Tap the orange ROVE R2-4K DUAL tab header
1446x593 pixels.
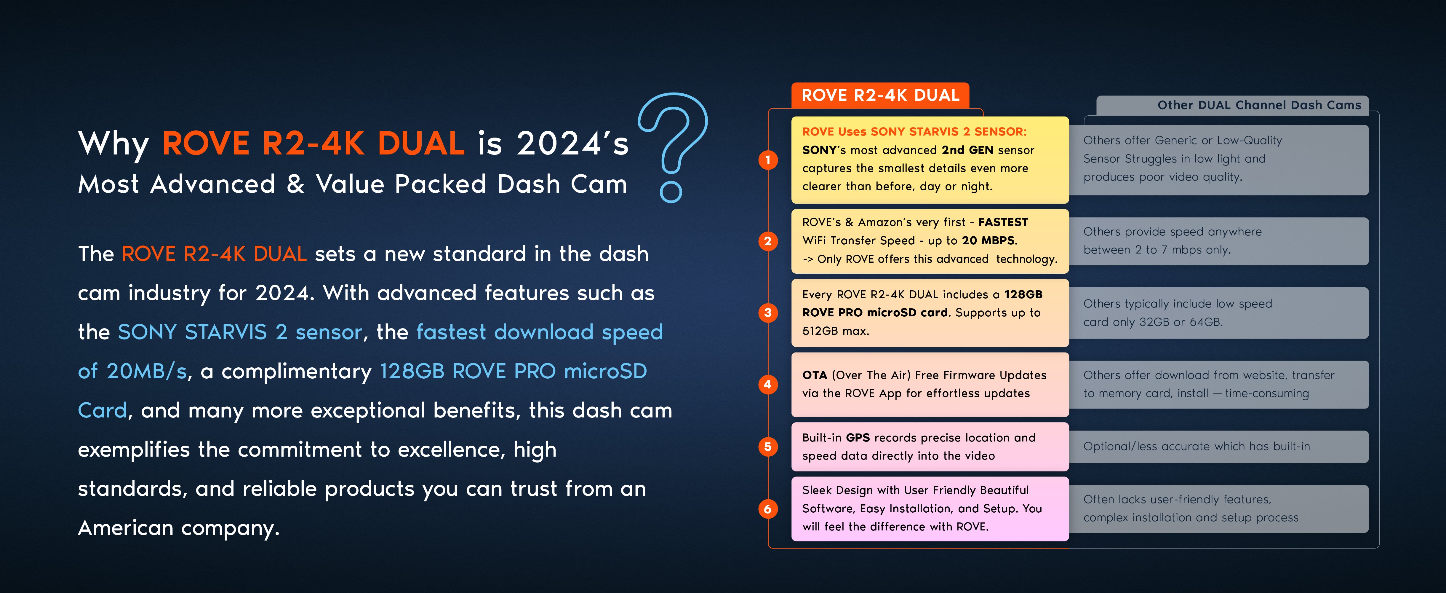tap(880, 95)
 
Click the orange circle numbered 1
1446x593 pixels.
tap(768, 160)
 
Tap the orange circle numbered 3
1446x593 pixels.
tap(768, 313)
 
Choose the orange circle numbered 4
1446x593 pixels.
tap(768, 385)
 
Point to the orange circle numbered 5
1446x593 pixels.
tap(768, 447)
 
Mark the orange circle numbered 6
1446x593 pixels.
tap(768, 509)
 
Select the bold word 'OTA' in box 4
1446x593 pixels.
tap(815, 375)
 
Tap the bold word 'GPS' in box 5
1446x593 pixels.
tap(858, 437)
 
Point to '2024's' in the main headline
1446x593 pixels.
tap(572, 143)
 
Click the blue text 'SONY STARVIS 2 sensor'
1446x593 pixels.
tap(240, 332)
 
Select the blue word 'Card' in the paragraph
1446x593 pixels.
tap(102, 410)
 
